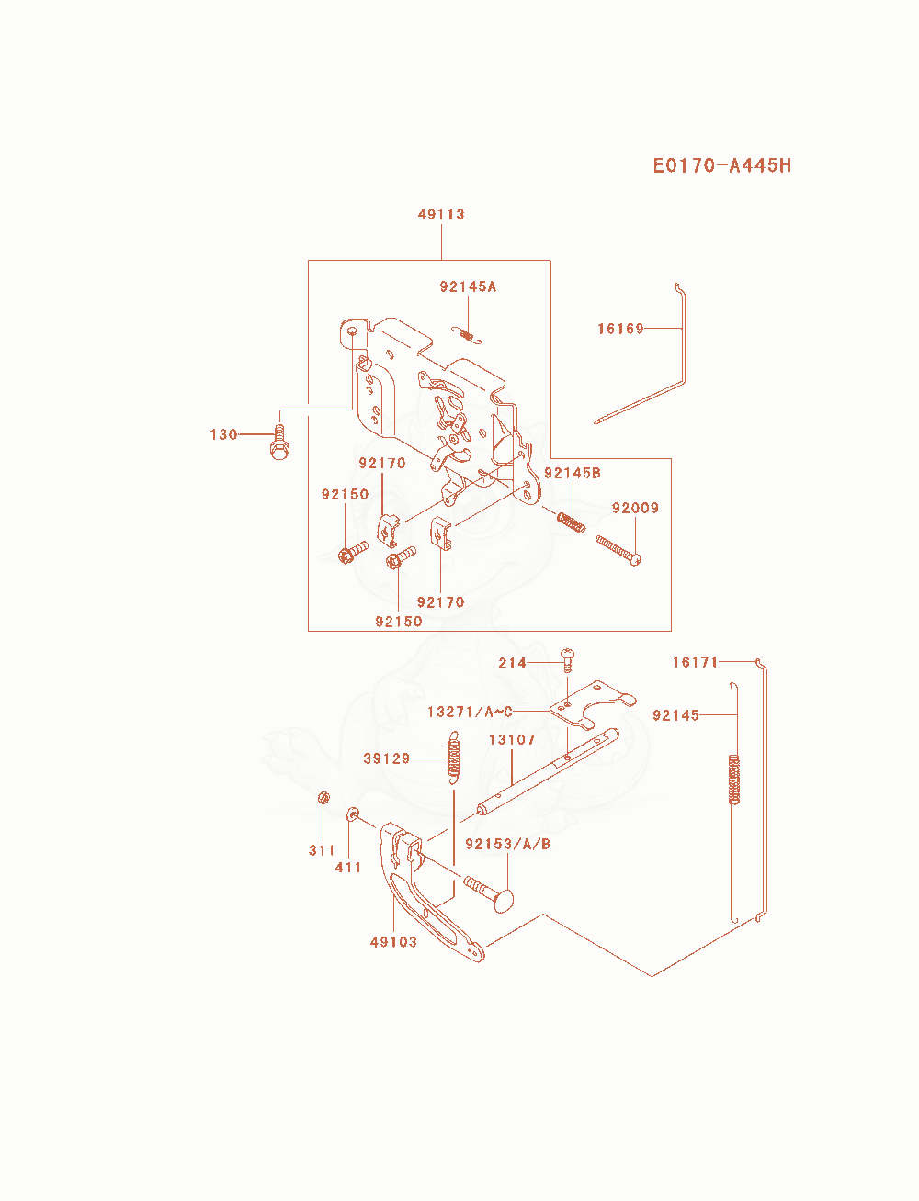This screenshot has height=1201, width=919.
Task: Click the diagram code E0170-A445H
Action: click(721, 165)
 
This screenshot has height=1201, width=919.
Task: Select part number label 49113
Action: click(441, 215)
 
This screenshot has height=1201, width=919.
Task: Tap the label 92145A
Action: click(468, 286)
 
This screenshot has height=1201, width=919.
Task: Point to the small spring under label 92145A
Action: click(467, 335)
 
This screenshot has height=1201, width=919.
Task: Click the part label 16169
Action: click(620, 329)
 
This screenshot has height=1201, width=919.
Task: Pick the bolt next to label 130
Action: click(280, 443)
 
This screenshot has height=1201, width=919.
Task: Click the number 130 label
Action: click(223, 434)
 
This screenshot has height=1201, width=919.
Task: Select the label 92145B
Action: click(573, 473)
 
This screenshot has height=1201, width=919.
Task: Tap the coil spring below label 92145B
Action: click(571, 522)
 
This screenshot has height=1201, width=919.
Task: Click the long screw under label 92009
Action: click(618, 550)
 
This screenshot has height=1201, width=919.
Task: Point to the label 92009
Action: click(635, 508)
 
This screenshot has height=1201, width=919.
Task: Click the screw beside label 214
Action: click(567, 660)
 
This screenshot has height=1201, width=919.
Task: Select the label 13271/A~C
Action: click(470, 712)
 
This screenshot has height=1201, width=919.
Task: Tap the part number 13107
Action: click(512, 740)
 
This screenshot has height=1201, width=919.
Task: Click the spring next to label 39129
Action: click(453, 758)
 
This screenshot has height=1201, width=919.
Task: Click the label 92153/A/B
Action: click(507, 844)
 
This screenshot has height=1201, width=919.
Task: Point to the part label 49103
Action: click(393, 942)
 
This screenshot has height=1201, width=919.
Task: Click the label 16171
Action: click(695, 663)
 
